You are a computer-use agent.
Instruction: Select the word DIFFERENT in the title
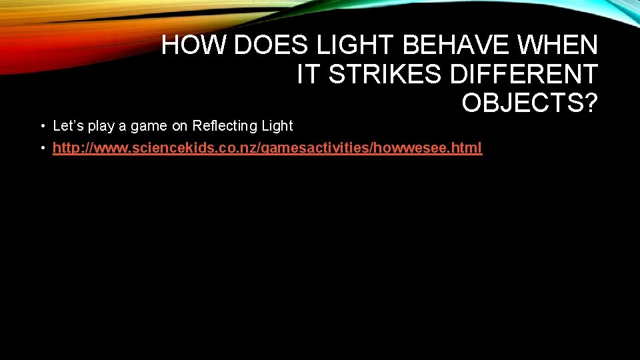(524, 75)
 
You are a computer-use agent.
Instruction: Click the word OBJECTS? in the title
(530, 103)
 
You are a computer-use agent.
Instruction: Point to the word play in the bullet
(101, 126)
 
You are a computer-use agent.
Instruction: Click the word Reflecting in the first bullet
(224, 126)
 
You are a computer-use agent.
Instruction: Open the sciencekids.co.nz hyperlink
(267, 148)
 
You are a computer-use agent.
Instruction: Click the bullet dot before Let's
(41, 126)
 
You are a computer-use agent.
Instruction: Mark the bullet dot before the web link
(41, 148)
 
